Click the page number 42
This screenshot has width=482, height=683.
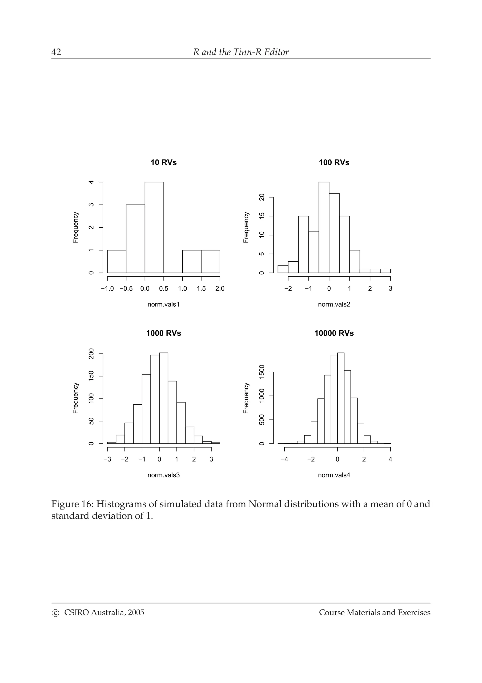(56, 52)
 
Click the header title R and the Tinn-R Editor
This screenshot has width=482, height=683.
(241, 52)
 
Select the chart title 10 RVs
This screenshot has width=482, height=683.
(163, 163)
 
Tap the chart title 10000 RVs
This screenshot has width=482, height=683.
(334, 333)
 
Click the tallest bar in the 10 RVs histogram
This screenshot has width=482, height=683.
(154, 228)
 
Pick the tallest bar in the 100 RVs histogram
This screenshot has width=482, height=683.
(324, 228)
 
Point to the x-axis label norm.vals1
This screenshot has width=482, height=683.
(163, 304)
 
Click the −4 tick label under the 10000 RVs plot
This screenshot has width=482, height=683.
(284, 459)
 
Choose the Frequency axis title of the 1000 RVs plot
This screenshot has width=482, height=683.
(76, 398)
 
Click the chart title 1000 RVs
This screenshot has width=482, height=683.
(163, 333)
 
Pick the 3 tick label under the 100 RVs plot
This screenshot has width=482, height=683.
(390, 288)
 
